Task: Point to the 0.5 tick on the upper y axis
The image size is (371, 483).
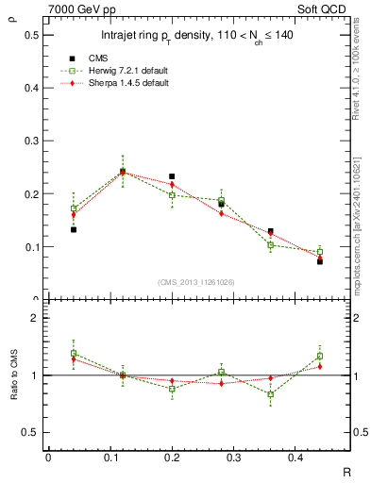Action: [x=32, y=35]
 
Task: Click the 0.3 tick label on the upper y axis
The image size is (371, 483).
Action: [x=32, y=142]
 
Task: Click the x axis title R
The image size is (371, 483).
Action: [x=347, y=472]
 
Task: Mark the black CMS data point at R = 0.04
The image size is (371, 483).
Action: [x=74, y=229]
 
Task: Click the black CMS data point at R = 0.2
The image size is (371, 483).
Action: [x=172, y=176]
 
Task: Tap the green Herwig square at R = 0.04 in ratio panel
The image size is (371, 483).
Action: [x=74, y=353]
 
